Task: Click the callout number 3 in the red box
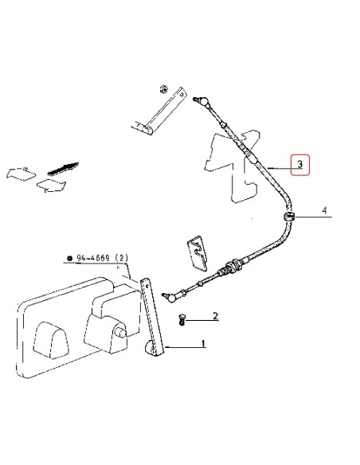(x=300, y=164)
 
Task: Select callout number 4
(x=325, y=210)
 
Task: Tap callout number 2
(x=215, y=316)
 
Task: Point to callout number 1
(x=203, y=344)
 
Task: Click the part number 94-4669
(x=93, y=258)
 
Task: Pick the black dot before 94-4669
(x=70, y=258)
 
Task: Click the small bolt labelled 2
(x=182, y=319)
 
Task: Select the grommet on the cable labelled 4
(x=288, y=217)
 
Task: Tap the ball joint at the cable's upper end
(x=202, y=101)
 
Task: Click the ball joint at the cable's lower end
(x=170, y=297)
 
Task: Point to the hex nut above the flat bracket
(x=162, y=89)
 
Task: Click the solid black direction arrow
(x=63, y=169)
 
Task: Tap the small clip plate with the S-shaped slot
(x=198, y=253)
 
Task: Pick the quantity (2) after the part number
(x=122, y=258)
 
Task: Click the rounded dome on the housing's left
(x=51, y=340)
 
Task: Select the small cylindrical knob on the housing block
(x=122, y=333)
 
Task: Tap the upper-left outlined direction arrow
(x=21, y=174)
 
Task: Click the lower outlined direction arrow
(x=51, y=186)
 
